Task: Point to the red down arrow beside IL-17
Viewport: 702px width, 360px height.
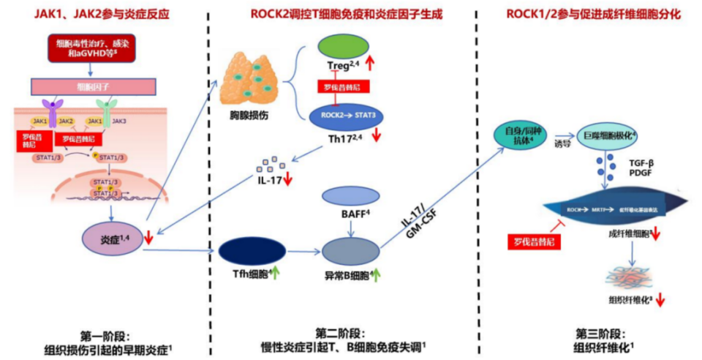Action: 289,179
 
